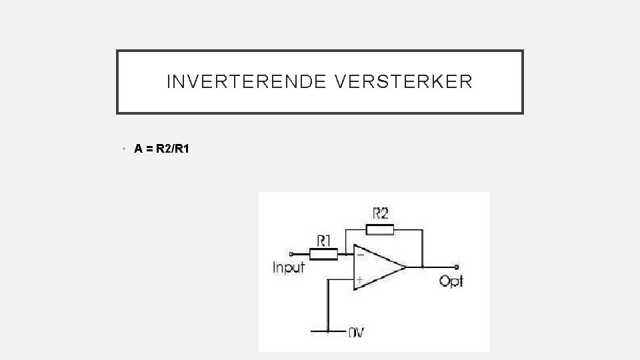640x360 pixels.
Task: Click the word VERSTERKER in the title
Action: pyautogui.click(x=405, y=82)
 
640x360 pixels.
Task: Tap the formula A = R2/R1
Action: pyautogui.click(x=162, y=149)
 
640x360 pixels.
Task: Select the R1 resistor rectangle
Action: pyautogui.click(x=323, y=253)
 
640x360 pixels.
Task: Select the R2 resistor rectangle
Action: pyautogui.click(x=380, y=231)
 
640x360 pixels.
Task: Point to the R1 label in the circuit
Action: pyautogui.click(x=324, y=239)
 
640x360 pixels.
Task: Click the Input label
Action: pyautogui.click(x=289, y=268)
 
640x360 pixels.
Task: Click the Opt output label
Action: pyautogui.click(x=451, y=281)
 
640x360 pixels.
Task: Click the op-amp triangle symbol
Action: pyautogui.click(x=377, y=267)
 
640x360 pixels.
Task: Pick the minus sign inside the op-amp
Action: pyautogui.click(x=360, y=255)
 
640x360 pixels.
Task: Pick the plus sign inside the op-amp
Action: pyautogui.click(x=360, y=280)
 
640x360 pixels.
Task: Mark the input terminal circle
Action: pyautogui.click(x=291, y=253)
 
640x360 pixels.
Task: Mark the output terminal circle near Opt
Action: pyautogui.click(x=457, y=267)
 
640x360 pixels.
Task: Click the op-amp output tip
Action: pyautogui.click(x=405, y=267)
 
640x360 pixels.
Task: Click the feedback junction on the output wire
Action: pyautogui.click(x=422, y=267)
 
